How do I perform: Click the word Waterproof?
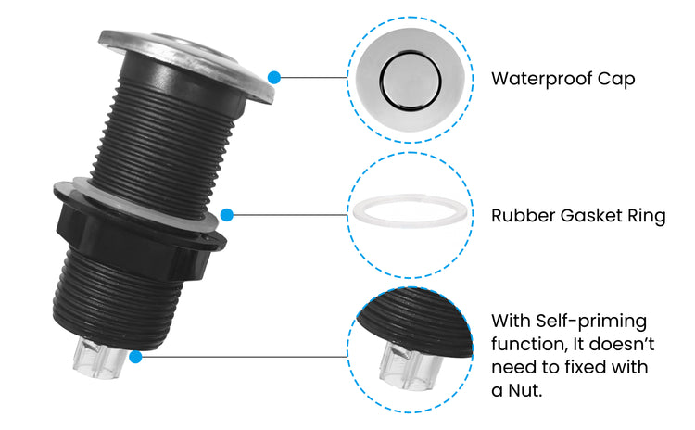coord(541,79)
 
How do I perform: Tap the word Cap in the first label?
coord(616,80)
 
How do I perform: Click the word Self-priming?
coord(591,322)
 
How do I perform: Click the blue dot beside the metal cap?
coord(274,78)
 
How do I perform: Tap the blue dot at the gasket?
coord(226,215)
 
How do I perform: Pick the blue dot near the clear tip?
coord(135,357)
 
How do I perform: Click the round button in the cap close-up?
coord(411,81)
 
